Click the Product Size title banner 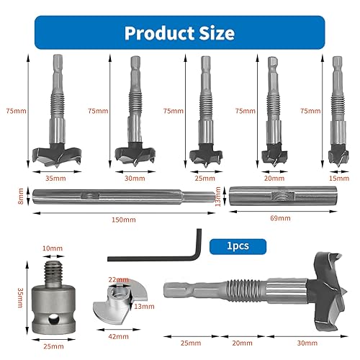pos(179,33)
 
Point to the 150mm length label pos(122,219)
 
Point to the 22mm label pos(114,279)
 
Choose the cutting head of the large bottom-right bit pos(321,284)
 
